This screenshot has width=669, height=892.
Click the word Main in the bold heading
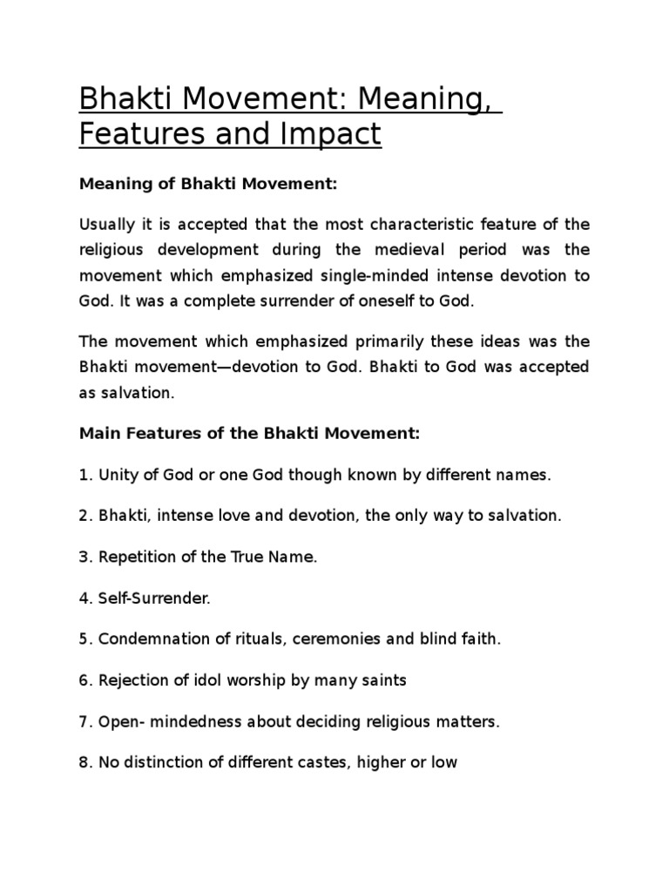[x=97, y=433]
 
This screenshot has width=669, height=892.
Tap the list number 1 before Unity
[x=84, y=475]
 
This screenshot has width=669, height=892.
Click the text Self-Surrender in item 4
[x=154, y=598]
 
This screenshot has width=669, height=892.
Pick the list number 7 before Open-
[x=84, y=722]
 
